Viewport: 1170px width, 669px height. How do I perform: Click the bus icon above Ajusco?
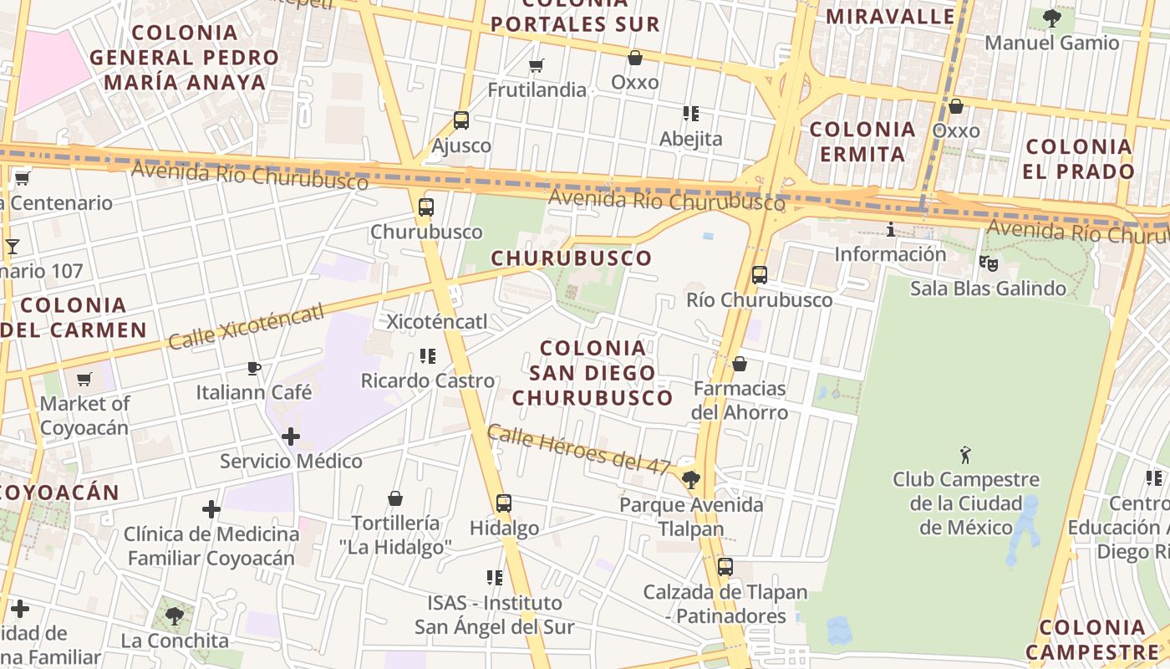(460, 120)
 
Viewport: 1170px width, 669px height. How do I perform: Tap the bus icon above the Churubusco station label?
(426, 207)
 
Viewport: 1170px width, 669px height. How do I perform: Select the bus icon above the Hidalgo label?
(503, 503)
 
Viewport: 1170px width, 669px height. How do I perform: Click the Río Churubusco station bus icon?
(759, 274)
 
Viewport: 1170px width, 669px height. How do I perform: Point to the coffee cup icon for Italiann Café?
(254, 368)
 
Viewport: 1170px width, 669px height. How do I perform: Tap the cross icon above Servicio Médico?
(291, 436)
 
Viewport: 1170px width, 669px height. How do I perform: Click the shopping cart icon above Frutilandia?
(537, 65)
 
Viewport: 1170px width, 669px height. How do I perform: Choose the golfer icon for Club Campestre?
(966, 455)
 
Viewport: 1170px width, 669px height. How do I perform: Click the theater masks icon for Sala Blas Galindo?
(988, 263)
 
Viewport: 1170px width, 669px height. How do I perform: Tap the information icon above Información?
(890, 229)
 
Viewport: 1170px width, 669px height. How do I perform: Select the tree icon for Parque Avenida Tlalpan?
(690, 480)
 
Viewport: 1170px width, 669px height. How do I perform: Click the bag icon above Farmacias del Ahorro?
(739, 364)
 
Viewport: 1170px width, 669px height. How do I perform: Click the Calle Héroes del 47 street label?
(580, 449)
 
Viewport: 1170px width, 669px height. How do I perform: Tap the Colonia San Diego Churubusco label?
(593, 372)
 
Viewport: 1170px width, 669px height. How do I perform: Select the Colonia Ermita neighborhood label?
(862, 141)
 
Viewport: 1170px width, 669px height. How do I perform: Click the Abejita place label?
(690, 139)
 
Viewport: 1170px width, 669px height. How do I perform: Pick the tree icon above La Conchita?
(175, 616)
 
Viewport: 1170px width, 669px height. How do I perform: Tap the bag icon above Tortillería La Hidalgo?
(395, 498)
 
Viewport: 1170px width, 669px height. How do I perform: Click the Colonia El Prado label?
(1079, 159)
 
